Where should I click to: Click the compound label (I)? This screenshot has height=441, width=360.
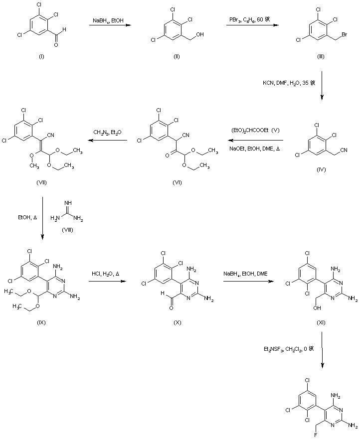pyautogui.click(x=41, y=56)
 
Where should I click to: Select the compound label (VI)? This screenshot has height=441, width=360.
pyautogui.click(x=177, y=182)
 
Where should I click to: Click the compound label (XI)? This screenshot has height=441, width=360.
pyautogui.click(x=321, y=309)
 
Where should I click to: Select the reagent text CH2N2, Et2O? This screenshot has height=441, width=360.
pyautogui.click(x=107, y=132)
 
